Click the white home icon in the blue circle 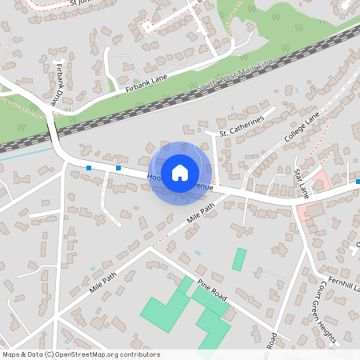180,171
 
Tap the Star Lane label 302,182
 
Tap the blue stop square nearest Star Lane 358,182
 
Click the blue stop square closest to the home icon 118,168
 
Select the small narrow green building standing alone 239,259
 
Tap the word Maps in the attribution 11,354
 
